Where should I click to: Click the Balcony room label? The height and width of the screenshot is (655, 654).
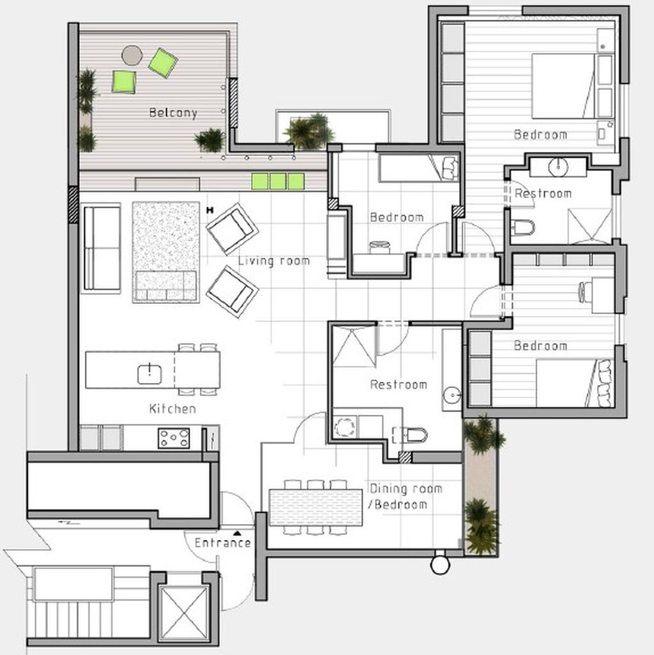173,113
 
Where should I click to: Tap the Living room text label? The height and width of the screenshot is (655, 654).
274,261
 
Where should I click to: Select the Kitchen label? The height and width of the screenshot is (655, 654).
172,409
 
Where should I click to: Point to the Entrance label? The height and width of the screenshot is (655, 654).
223,543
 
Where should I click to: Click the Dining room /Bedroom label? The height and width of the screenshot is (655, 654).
405,497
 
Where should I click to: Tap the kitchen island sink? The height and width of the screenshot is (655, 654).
149,374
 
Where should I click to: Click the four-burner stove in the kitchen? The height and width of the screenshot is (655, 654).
174,438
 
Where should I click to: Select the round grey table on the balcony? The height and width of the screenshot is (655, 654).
132,56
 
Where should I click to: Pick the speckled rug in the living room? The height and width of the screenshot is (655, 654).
166,252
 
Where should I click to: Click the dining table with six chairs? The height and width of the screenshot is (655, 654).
316,508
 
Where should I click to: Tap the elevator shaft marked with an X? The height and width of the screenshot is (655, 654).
184,613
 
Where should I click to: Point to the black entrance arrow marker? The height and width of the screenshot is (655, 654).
237,533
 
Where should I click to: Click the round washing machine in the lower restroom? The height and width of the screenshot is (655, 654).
344,427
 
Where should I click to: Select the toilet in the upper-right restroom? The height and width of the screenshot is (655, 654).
523,228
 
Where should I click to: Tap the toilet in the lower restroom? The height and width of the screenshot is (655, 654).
412,435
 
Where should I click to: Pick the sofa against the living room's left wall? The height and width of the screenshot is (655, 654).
101,248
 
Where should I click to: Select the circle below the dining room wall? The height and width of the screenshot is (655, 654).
440,566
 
